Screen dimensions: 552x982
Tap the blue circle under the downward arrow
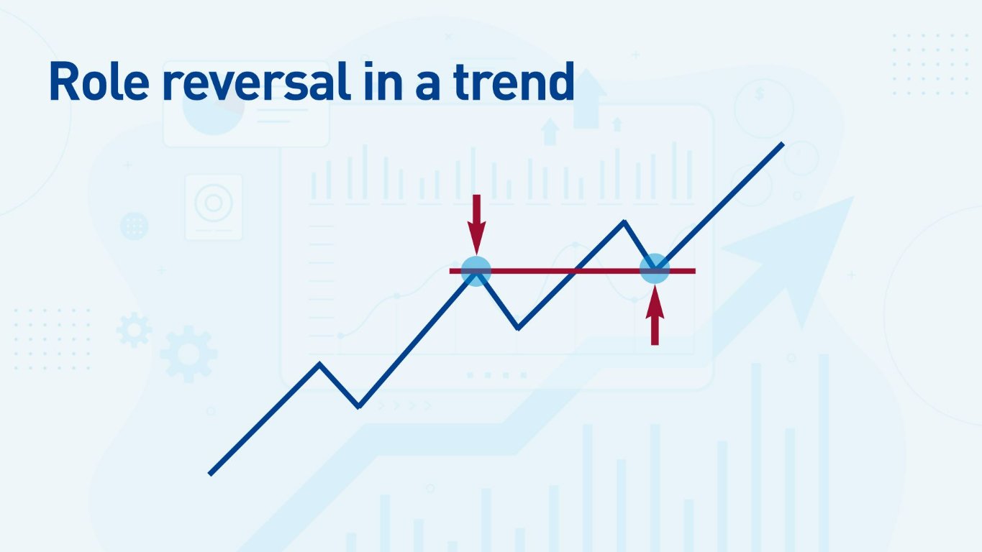point(476,271)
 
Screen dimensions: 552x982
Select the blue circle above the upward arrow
point(655,270)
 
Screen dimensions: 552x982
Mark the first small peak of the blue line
point(320,364)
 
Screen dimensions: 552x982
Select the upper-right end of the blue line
point(782,144)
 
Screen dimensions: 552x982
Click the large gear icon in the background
point(188,353)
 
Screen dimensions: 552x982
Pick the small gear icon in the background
point(134,330)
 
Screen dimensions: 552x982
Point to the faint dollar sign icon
point(760,94)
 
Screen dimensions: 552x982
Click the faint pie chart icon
point(213,111)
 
